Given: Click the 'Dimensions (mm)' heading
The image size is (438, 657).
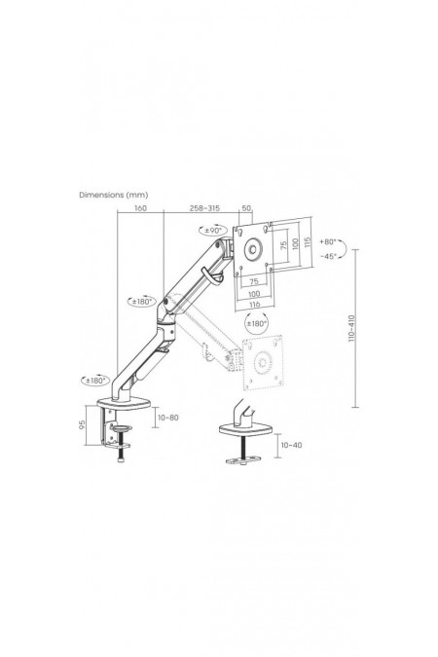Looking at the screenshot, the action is (113, 195).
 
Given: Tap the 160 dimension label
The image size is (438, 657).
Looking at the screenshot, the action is (140, 208).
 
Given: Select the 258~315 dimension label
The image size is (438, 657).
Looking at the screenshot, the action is (204, 208).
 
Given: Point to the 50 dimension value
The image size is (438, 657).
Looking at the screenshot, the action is (246, 208).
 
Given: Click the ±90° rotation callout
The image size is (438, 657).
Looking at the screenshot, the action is (213, 230).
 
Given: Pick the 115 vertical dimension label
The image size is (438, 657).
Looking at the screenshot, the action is (309, 242).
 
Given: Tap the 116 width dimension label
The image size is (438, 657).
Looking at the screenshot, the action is (254, 305).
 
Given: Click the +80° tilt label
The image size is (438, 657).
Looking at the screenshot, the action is (328, 241).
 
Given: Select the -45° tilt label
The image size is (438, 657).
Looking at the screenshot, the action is (328, 256).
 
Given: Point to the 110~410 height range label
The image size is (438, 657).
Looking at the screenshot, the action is (351, 328).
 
